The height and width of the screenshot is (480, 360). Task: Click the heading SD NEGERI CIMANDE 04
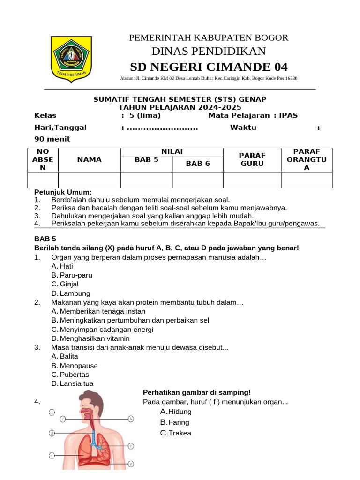click(209, 66)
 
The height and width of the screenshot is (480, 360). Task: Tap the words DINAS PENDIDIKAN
click(209, 51)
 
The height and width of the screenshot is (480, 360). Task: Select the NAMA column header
click(90, 159)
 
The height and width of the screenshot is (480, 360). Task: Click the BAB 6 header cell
click(197, 164)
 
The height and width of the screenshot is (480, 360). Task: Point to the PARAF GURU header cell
click(252, 159)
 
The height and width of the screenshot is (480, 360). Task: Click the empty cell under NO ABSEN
click(43, 180)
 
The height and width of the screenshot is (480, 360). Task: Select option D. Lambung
click(71, 293)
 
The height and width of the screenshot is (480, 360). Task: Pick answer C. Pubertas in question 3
click(70, 375)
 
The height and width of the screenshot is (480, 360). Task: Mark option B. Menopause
click(75, 366)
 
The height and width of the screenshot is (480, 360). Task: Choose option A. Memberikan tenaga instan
click(98, 311)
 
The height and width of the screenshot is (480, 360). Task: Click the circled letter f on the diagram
click(52, 455)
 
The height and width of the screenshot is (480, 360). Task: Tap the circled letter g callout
click(131, 464)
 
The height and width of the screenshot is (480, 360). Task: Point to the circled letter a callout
click(52, 412)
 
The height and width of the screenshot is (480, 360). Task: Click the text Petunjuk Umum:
click(63, 192)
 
